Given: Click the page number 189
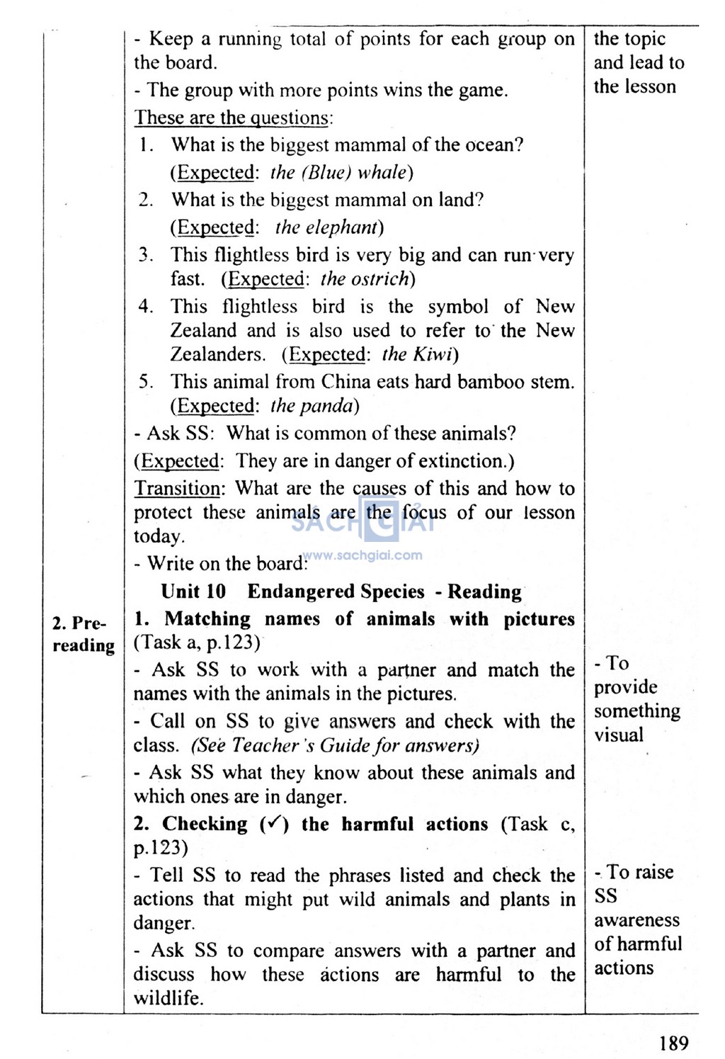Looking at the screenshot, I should tap(673, 1043).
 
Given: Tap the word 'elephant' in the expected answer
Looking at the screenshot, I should tap(326, 227).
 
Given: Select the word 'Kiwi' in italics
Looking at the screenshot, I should tap(433, 353).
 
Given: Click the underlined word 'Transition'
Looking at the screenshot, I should tap(178, 488).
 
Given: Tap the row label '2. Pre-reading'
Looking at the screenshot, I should tap(83, 634).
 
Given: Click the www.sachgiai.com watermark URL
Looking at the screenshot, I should tap(362, 555).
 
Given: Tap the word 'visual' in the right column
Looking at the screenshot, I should tap(619, 735).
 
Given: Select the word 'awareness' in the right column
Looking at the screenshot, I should tap(636, 919).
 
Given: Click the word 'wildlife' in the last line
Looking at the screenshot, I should tap(168, 998).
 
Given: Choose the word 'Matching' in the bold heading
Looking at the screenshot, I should tap(207, 618).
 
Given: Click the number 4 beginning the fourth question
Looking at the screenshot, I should tap(145, 306).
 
